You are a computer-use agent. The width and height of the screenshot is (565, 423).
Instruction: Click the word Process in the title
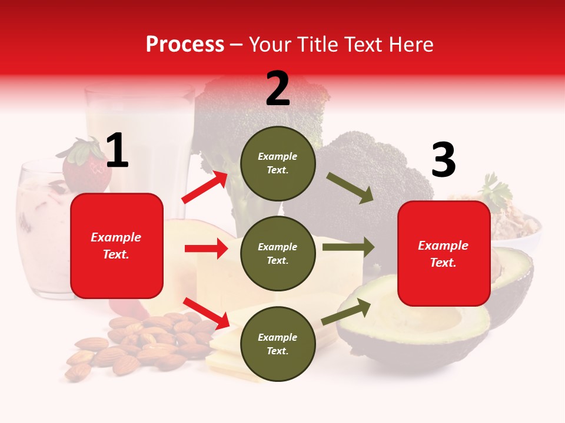[x=185, y=44]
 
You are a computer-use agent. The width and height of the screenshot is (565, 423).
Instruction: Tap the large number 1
[x=117, y=151]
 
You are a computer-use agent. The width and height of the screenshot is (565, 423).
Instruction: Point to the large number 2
[x=278, y=89]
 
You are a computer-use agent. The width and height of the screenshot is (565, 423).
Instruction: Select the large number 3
[x=443, y=160]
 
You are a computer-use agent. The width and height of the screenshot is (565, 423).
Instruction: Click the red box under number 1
[x=117, y=246]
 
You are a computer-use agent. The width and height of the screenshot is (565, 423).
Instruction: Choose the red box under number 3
[x=444, y=253]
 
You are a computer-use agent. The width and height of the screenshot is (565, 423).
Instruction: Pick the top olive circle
[x=278, y=163]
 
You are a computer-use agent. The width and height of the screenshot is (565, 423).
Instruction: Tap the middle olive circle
[x=278, y=253]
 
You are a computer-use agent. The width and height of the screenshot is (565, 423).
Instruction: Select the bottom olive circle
[x=278, y=344]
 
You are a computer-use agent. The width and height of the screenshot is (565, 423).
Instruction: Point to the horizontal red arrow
[x=206, y=249]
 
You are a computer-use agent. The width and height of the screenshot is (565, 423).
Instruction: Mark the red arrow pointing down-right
[x=206, y=312]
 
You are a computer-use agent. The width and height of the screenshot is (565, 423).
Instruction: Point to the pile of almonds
[x=141, y=344]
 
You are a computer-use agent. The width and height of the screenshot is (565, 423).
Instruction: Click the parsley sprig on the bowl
[x=494, y=191]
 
